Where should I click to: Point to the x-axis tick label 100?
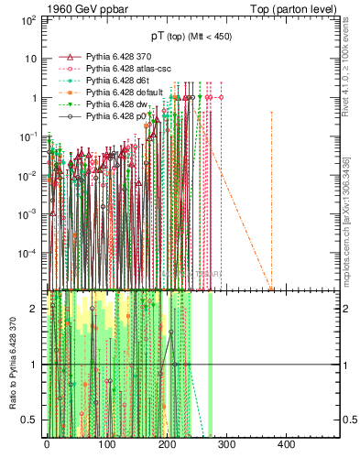click(x=106, y=444)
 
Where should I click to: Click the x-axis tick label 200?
click(x=166, y=444)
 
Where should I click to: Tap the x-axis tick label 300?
click(x=226, y=444)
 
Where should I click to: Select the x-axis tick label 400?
click(x=286, y=444)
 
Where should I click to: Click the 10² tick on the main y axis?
click(x=31, y=18)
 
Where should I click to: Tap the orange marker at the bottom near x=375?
click(x=271, y=289)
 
